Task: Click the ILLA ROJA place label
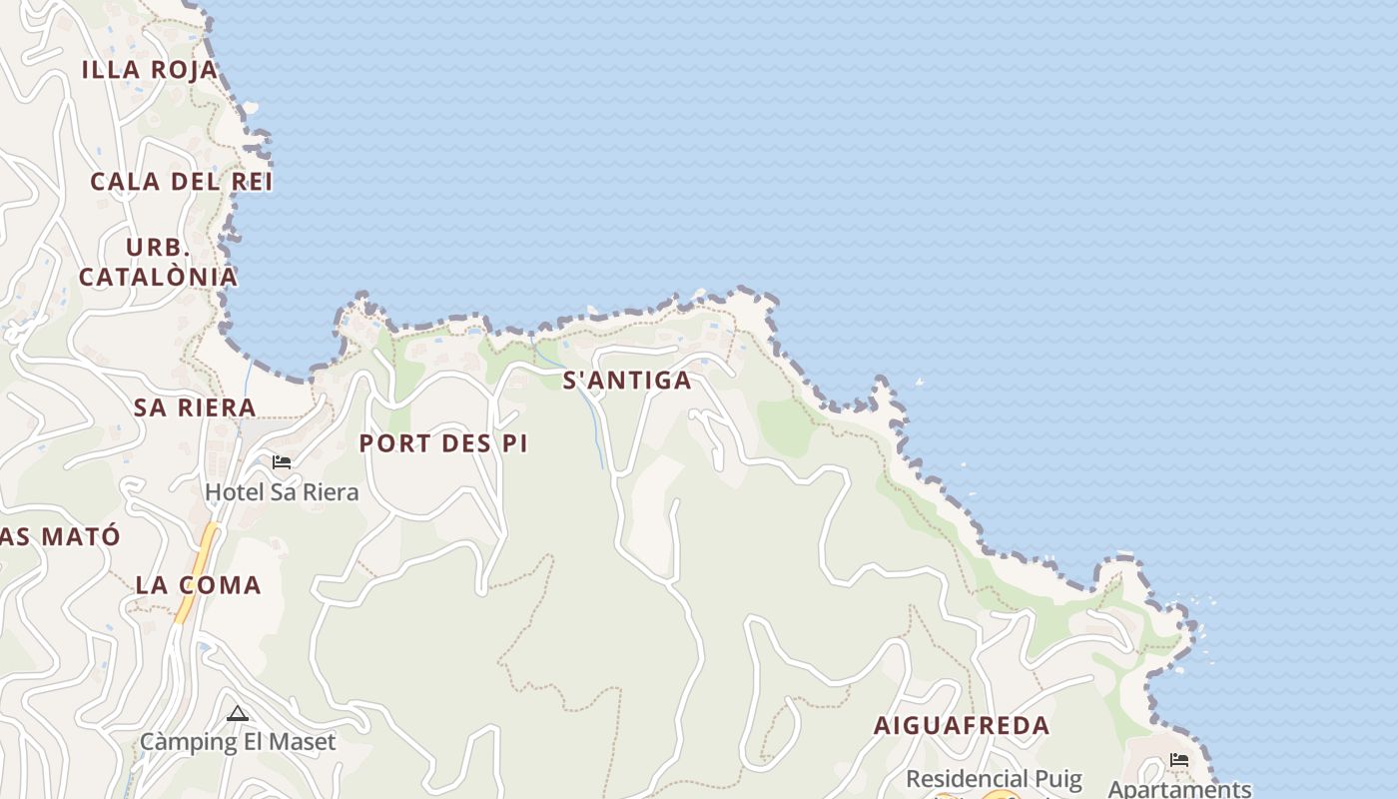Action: (x=150, y=70)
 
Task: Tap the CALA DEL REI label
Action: (x=181, y=182)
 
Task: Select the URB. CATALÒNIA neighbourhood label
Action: (x=158, y=263)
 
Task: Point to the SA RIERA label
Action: (x=195, y=407)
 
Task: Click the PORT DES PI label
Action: (x=443, y=443)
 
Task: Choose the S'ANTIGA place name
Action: (x=627, y=381)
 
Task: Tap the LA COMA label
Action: (x=198, y=585)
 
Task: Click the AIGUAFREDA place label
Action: (x=962, y=726)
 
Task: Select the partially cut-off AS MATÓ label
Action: (x=60, y=536)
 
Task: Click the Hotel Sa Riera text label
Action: (x=282, y=492)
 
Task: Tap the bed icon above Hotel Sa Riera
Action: (x=282, y=461)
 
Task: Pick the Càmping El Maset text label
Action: (x=238, y=742)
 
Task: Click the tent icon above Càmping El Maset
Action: (x=237, y=713)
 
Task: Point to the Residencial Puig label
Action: (x=994, y=779)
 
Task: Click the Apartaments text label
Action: (x=1179, y=789)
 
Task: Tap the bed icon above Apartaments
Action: (x=1179, y=760)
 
